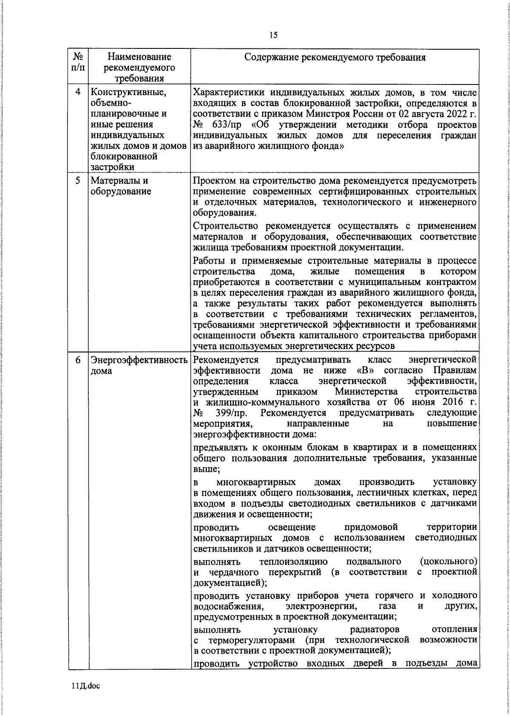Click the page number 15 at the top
click(273, 35)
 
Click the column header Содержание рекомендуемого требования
click(334, 57)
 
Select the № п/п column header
click(78, 62)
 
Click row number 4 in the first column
click(78, 92)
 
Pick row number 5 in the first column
click(78, 180)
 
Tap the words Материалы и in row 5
click(119, 180)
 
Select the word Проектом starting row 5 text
click(211, 180)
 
